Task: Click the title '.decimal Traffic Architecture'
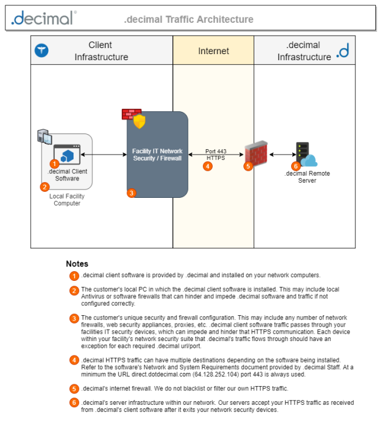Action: tap(189, 19)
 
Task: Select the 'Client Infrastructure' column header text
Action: tap(101, 51)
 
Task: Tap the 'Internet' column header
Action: tap(213, 51)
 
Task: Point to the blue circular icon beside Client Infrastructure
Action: tap(42, 51)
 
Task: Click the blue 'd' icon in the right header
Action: tap(343, 51)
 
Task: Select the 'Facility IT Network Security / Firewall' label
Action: tap(157, 154)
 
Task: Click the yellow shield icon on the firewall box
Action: tap(140, 121)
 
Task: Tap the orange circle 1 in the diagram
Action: tap(55, 164)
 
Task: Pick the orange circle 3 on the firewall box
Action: tap(132, 193)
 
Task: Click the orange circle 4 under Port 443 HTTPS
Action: tap(208, 166)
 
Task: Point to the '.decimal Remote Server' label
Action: tap(307, 177)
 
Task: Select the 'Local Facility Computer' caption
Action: tap(67, 200)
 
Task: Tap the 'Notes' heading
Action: tap(77, 263)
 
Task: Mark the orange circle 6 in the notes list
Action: tap(74, 402)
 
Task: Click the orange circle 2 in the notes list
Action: tap(74, 290)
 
